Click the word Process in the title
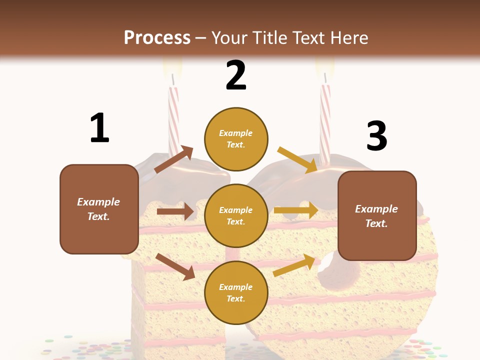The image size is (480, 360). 157,37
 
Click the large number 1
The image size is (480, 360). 99,128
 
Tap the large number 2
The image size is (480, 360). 236,75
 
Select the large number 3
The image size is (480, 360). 377,136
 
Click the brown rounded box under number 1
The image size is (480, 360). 99,209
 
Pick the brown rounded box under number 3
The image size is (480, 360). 377,215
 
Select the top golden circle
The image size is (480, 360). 236,139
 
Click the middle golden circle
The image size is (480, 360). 236,215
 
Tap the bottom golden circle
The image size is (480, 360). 236,292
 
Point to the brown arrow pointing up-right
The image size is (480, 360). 174,159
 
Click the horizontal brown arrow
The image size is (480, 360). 175,211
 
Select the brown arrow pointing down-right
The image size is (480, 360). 175,266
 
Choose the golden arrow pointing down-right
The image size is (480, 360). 297,159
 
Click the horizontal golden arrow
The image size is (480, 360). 296,210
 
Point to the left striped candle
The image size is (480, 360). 173,120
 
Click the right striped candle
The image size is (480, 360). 325,122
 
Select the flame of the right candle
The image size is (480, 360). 324,65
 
